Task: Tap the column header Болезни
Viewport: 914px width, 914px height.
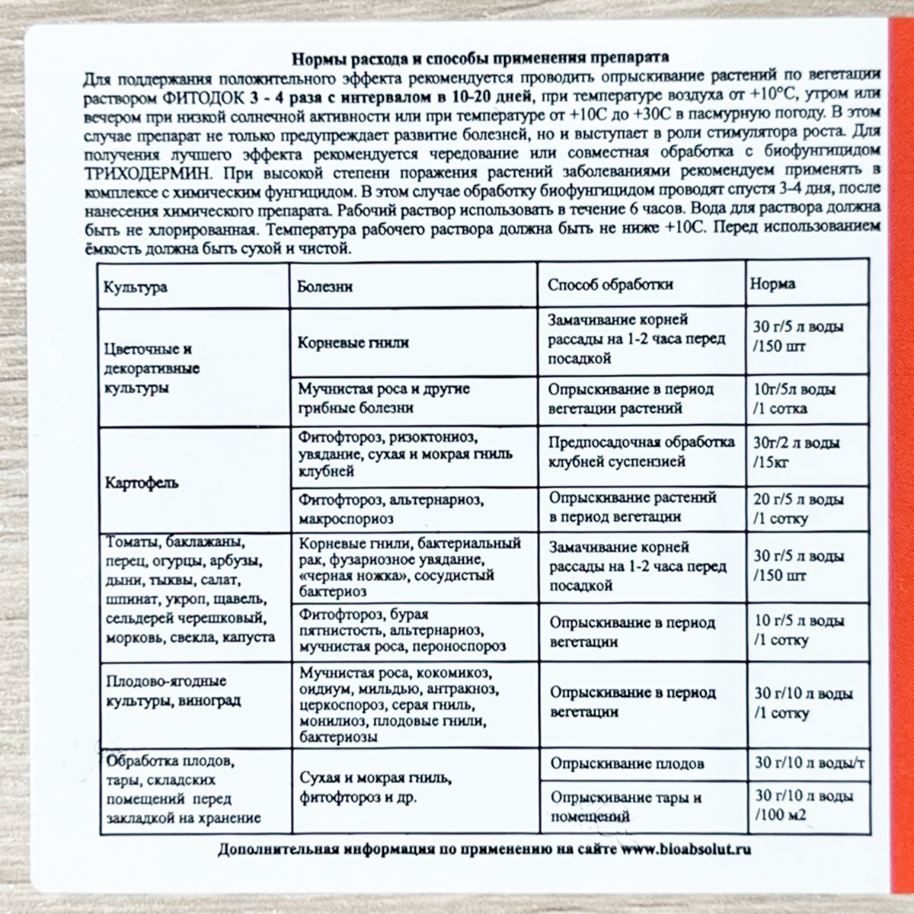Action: pyautogui.click(x=325, y=286)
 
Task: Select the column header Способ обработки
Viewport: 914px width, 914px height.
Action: pyautogui.click(x=610, y=285)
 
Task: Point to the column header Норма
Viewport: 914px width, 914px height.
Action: pyautogui.click(x=772, y=283)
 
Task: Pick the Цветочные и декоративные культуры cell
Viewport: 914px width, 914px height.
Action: pyautogui.click(x=151, y=369)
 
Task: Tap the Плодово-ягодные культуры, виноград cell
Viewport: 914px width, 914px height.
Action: pyautogui.click(x=173, y=690)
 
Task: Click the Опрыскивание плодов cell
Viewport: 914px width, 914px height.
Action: pyautogui.click(x=627, y=763)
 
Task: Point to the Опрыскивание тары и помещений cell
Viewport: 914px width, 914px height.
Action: pyautogui.click(x=625, y=806)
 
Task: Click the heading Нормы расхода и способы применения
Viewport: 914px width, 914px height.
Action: pyautogui.click(x=481, y=59)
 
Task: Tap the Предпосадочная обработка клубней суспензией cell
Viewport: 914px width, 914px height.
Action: pyautogui.click(x=641, y=452)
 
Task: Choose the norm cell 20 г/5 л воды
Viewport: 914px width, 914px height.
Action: pyautogui.click(x=798, y=510)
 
